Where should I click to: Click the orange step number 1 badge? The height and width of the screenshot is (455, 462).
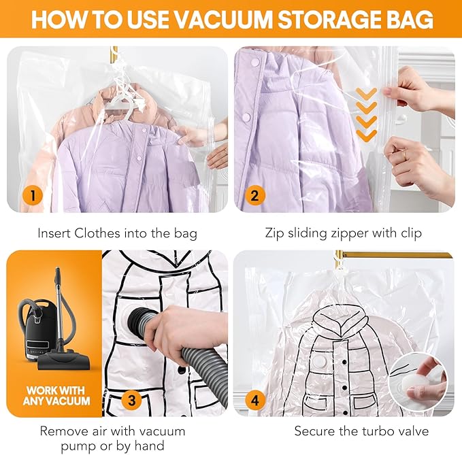tap(33, 196)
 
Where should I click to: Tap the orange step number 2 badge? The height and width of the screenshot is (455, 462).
tap(255, 196)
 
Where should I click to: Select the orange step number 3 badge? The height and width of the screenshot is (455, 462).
tap(132, 400)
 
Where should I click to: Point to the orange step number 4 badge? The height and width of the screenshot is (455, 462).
tap(255, 400)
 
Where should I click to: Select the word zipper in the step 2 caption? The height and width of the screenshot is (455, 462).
tap(349, 233)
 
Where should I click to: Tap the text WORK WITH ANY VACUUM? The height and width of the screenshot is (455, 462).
tap(56, 396)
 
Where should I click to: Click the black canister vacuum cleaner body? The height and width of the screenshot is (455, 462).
tap(37, 330)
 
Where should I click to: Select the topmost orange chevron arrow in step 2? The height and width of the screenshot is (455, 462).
tap(366, 93)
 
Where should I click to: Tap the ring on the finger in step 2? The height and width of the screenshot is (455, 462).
tap(405, 154)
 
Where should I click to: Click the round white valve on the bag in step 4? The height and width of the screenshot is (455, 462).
tap(320, 361)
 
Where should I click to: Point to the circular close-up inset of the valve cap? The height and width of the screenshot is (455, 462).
tap(418, 382)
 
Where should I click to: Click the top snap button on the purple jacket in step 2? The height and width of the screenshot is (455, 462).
tap(255, 63)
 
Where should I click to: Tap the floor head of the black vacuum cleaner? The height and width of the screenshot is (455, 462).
tap(64, 360)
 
